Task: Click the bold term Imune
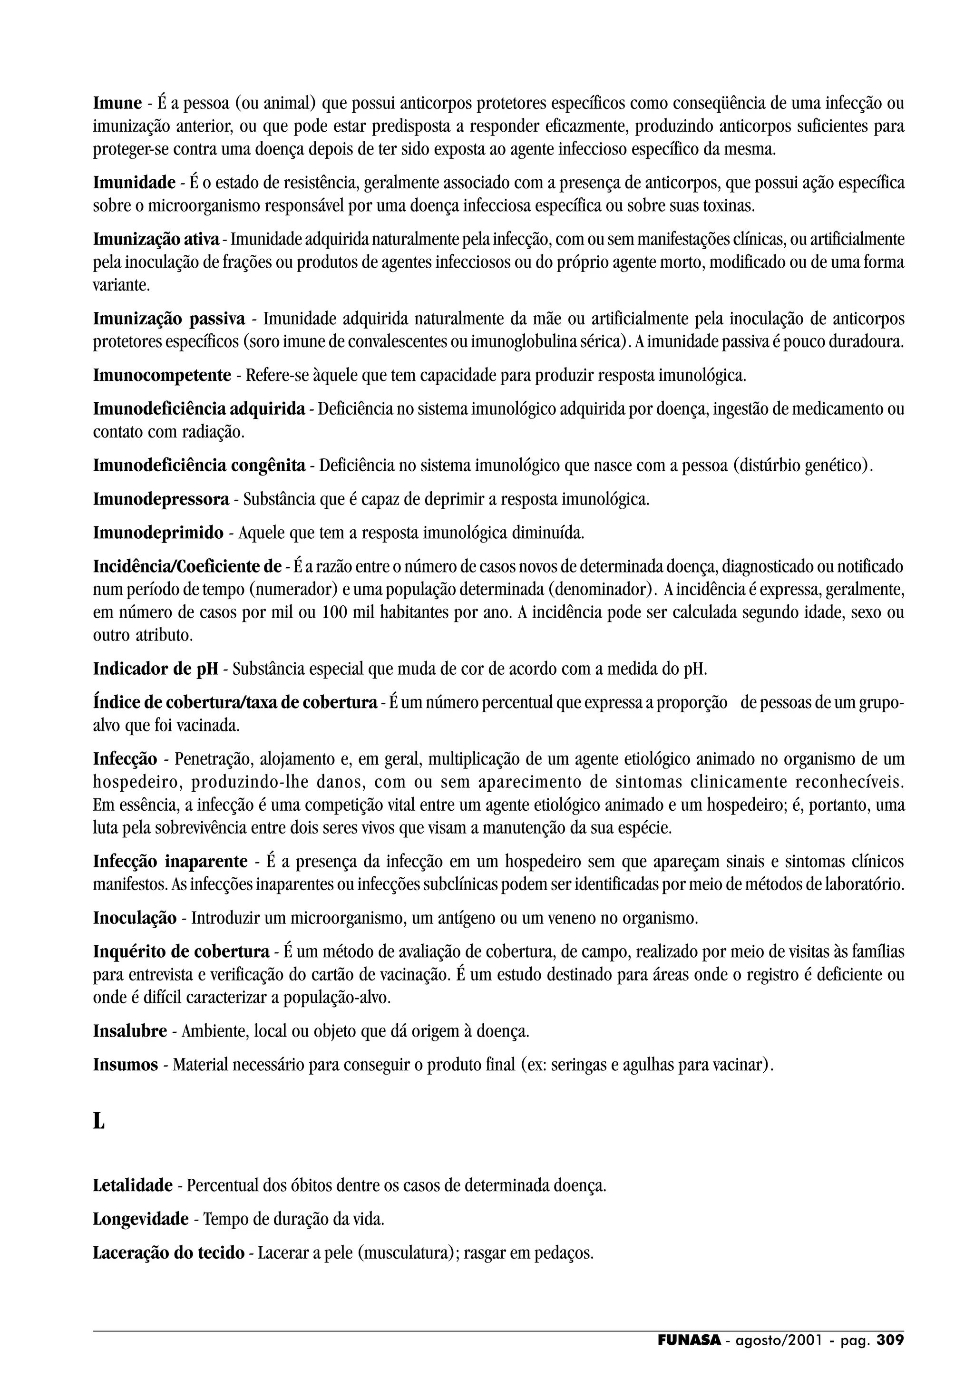[117, 104]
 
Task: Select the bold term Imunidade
[134, 183]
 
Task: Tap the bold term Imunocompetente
[162, 376]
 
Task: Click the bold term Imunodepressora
[161, 499]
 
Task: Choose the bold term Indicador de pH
[156, 669]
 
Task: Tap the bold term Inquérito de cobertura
[181, 952]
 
